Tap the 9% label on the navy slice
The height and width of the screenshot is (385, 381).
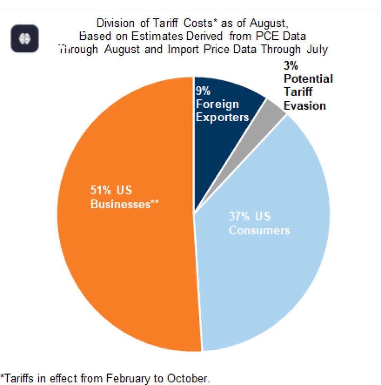tap(203, 91)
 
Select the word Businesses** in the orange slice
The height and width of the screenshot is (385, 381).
tap(125, 204)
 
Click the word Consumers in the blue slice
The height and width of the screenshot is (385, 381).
tap(259, 230)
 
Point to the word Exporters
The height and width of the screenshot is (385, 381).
tap(222, 117)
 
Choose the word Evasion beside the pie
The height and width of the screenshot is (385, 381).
tap(305, 105)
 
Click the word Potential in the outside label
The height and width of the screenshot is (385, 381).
tap(308, 79)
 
